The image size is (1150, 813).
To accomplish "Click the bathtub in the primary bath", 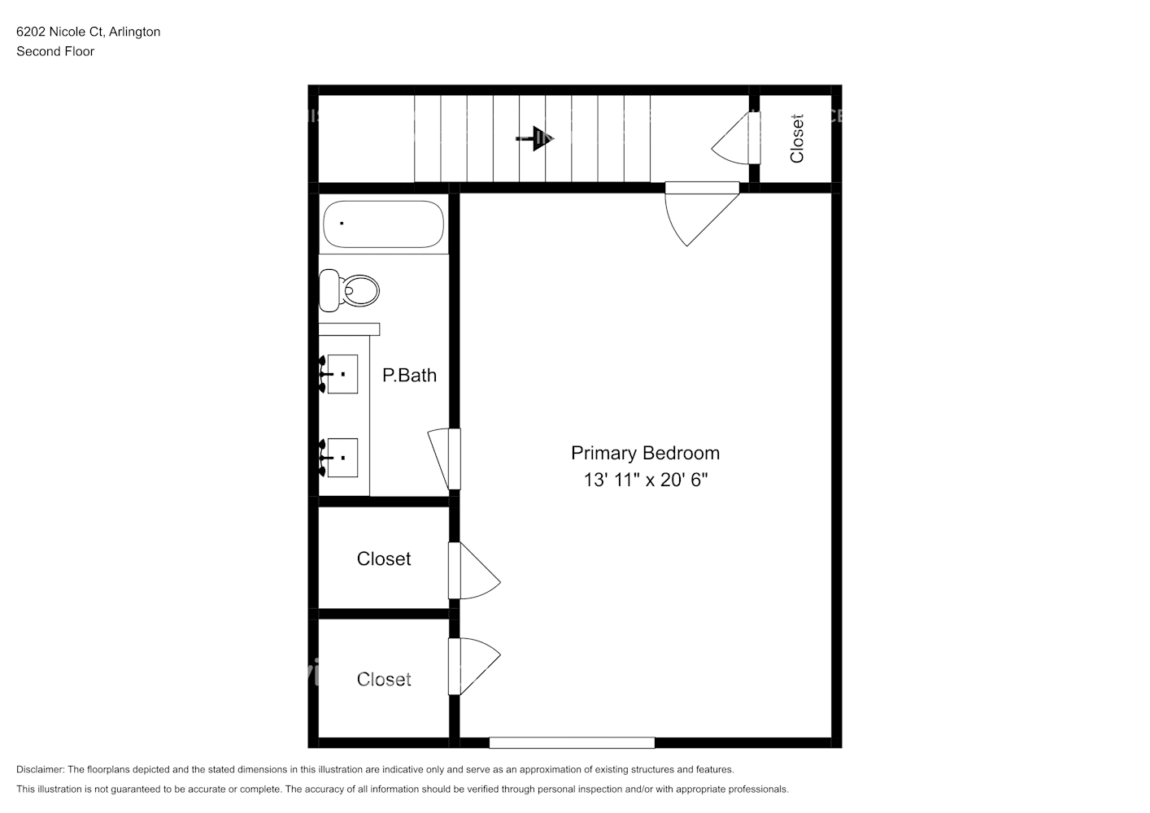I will pos(383,224).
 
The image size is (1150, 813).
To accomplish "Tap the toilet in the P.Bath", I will pos(351,290).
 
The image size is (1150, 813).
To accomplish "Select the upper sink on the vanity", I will pos(342,374).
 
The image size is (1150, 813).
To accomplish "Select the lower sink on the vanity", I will pos(342,458).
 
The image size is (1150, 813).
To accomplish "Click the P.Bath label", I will pos(409,375).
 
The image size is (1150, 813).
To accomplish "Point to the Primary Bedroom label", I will pos(645,453).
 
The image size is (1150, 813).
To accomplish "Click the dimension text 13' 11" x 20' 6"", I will pos(645,480).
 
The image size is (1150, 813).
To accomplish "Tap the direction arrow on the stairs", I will pos(536,138).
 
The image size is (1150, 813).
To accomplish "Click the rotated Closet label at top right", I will pos(797,138).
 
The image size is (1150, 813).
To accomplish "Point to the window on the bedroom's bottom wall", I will pos(572,742).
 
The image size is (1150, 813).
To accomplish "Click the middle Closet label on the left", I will pos(383,559).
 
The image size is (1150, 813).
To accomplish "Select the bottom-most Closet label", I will pos(383,679).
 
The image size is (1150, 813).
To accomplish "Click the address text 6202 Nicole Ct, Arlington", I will pos(88,32).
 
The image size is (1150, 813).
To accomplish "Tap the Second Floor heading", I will pos(55,51).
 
